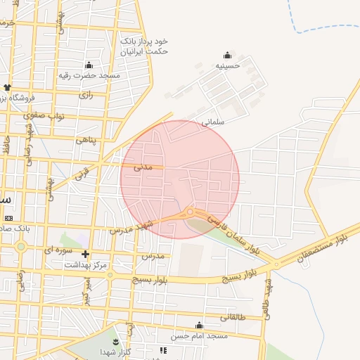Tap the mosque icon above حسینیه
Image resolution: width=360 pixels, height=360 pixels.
tap(227, 55)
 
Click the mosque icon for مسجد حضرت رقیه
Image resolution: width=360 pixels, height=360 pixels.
tap(89, 64)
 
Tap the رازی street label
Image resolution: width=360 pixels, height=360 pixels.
tap(86, 94)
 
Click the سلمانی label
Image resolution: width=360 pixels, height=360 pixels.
tap(212, 121)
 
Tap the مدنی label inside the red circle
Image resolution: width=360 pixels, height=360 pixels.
tap(142, 167)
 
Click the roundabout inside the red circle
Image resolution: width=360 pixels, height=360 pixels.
tap(190, 212)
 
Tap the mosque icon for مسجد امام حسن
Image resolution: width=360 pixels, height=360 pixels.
tap(200, 325)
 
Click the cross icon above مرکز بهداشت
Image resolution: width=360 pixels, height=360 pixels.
tap(85, 254)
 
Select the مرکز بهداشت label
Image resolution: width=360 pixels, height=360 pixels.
tap(85, 265)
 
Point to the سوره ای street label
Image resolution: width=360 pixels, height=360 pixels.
tap(58, 249)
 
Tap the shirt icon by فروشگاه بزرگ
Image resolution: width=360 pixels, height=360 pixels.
tap(7, 88)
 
